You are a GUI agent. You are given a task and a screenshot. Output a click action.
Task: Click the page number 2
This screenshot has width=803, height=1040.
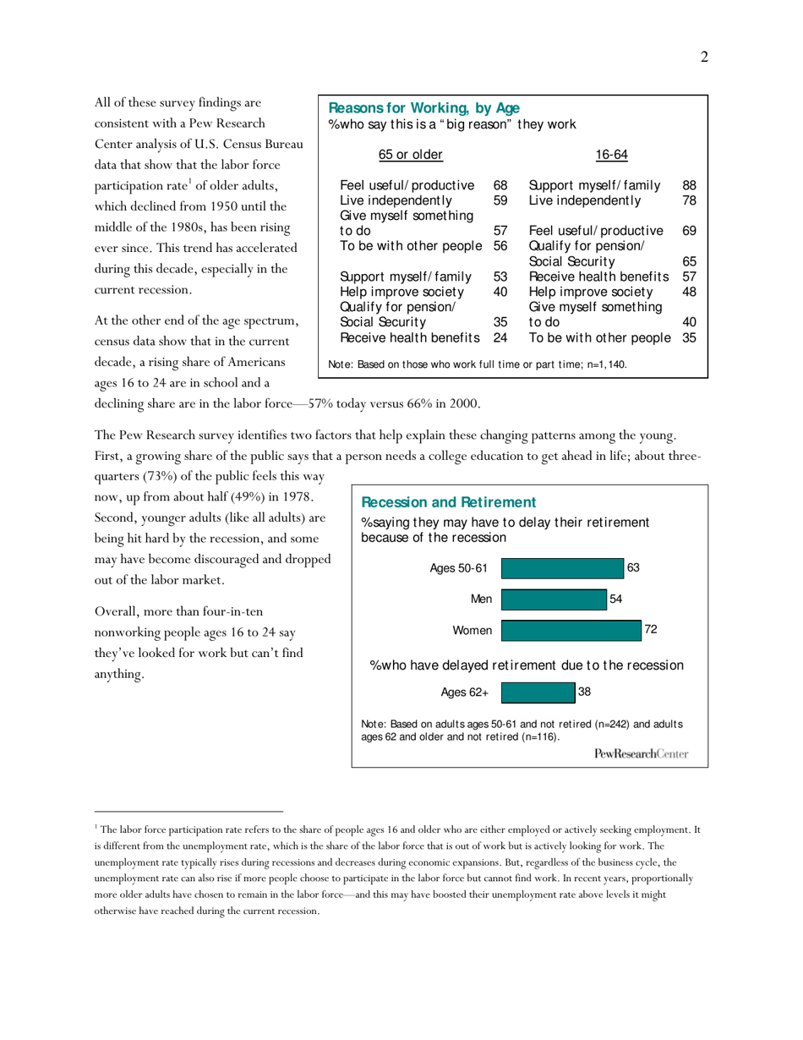pos(703,57)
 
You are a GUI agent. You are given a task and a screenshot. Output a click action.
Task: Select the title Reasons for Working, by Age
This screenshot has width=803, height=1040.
pos(423,108)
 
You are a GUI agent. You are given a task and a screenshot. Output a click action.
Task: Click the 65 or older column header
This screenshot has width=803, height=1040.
pos(410,154)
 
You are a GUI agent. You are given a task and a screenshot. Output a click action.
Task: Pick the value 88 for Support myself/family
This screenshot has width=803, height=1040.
pos(689,185)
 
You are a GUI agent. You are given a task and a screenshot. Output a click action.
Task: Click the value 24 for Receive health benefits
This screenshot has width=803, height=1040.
pos(500,337)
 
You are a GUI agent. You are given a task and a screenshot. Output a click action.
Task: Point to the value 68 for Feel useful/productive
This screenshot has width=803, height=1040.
pos(500,185)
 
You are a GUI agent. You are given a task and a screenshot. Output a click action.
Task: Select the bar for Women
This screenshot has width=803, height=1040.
pos(571,631)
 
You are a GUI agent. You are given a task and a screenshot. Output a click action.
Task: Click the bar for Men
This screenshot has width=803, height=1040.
pos(554,599)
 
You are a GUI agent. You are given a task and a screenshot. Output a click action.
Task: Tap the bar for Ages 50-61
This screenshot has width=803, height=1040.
pos(562,568)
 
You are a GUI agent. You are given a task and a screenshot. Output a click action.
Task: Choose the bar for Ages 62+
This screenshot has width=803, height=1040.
pos(538,693)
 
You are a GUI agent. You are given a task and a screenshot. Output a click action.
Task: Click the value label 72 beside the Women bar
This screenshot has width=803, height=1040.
pos(651,630)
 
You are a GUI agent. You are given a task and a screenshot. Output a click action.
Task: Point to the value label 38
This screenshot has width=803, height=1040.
pos(584,692)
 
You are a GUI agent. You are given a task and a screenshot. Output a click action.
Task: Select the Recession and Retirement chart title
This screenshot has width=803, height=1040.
pos(448,502)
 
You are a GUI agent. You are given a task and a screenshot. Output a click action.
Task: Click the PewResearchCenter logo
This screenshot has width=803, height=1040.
pos(641,753)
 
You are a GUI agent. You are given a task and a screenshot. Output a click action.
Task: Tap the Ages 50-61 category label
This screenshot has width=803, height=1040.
pos(459,568)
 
